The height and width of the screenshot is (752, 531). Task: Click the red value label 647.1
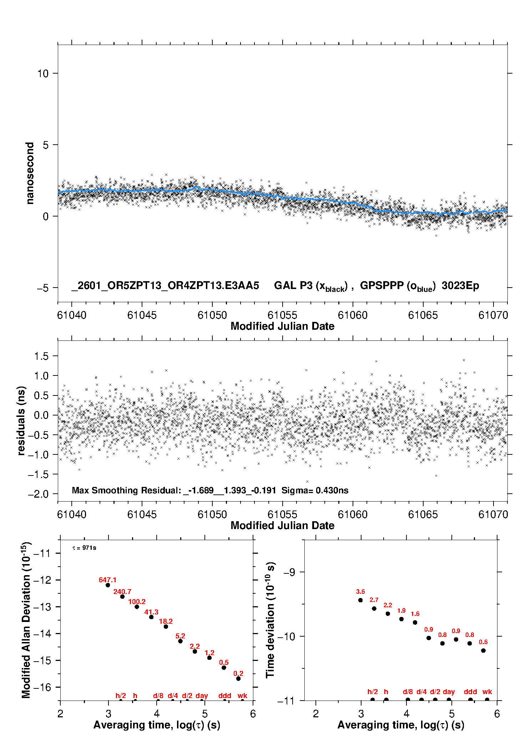pos(107,580)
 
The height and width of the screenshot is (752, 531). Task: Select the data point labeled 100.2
pos(137,607)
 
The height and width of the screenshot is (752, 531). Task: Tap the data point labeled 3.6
pos(360,600)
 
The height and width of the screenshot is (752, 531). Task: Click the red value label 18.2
pos(166,621)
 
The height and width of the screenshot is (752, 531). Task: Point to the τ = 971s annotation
pos(84,548)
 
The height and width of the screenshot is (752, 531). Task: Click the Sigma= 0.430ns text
pos(315,490)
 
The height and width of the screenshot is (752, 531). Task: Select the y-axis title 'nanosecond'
pos(30,173)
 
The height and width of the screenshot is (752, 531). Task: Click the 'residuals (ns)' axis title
pos(21,420)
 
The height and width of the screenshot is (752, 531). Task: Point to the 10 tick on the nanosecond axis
pos(43,74)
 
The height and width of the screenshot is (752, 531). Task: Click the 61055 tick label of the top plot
pos(282,315)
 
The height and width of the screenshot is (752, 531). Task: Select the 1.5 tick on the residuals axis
pos(41,356)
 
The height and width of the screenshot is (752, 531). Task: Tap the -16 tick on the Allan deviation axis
pos(42,687)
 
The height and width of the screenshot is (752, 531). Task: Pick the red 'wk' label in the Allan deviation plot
pos(242,696)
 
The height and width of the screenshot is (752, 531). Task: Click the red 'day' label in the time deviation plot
pos(449,692)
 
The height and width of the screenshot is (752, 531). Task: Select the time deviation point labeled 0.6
pos(483,651)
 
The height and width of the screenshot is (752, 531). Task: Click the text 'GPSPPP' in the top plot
pos(382,285)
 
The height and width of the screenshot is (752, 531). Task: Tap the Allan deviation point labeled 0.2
pos(238,678)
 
